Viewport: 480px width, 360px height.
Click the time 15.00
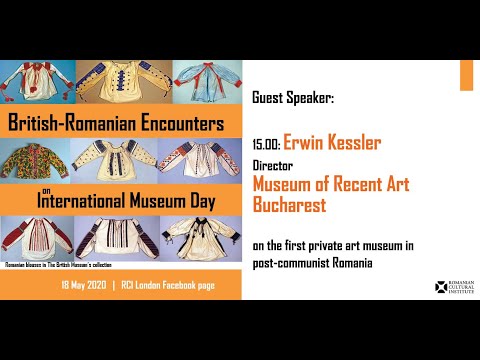[266, 145]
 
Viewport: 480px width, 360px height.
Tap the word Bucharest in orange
[294, 203]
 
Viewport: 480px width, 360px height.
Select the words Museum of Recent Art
[330, 184]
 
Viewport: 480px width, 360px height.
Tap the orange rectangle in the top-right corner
[466, 74]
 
